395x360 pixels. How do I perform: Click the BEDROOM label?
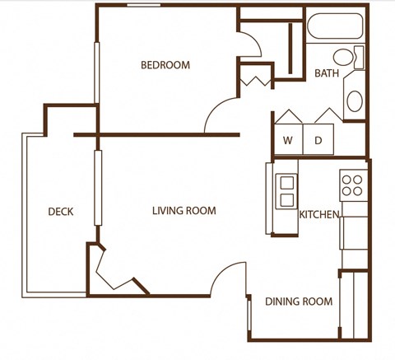[x=165, y=65]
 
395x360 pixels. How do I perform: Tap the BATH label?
[x=327, y=73]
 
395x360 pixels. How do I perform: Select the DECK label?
[x=60, y=212]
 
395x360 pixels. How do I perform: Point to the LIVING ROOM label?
[x=184, y=211]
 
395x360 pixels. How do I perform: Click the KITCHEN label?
[x=319, y=215]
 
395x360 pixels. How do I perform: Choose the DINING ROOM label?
[x=299, y=302]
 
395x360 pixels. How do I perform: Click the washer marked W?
[x=288, y=140]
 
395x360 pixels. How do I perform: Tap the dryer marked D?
[x=318, y=140]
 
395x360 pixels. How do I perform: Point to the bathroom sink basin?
[x=355, y=101]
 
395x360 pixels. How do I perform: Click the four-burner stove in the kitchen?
[x=353, y=183]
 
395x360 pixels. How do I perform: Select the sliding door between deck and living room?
[x=98, y=188]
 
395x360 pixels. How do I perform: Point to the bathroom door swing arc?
[x=251, y=44]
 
